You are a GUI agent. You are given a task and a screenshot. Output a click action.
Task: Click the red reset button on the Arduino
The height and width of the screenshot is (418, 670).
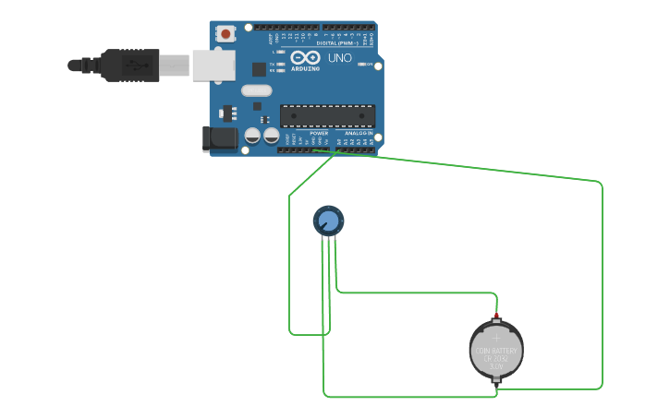point(226,35)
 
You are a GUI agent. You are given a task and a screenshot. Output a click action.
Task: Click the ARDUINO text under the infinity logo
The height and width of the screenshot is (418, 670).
point(305,68)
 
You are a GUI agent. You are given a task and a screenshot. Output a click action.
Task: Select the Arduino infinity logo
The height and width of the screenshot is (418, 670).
point(305,57)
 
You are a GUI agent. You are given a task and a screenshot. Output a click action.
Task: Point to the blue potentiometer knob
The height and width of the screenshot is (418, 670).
point(327,221)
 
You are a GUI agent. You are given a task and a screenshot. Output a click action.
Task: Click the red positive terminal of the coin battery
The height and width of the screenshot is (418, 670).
point(497,317)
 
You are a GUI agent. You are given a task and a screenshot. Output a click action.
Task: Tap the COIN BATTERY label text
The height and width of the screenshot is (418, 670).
point(497,351)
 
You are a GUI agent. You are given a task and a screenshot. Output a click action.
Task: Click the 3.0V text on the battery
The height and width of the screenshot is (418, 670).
point(497,367)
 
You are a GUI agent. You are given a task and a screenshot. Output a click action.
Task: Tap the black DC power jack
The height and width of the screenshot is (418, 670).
point(219,139)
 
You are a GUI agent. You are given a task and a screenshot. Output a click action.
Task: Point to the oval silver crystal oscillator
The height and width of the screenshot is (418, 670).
point(256,90)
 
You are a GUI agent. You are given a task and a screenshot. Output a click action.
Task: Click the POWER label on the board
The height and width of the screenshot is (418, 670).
point(319,133)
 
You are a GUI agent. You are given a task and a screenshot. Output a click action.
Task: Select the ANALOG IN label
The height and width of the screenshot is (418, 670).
point(359,133)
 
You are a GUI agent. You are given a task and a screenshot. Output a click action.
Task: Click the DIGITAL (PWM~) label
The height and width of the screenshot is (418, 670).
point(337,43)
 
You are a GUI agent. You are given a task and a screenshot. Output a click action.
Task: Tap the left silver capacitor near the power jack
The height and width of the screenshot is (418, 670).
point(252,136)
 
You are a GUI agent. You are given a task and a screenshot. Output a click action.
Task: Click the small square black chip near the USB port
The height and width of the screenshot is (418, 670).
point(259,68)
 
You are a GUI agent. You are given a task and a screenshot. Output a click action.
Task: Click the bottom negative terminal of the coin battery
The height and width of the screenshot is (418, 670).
point(497,379)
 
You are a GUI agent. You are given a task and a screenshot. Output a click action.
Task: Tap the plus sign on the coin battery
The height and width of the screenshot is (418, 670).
point(497,339)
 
